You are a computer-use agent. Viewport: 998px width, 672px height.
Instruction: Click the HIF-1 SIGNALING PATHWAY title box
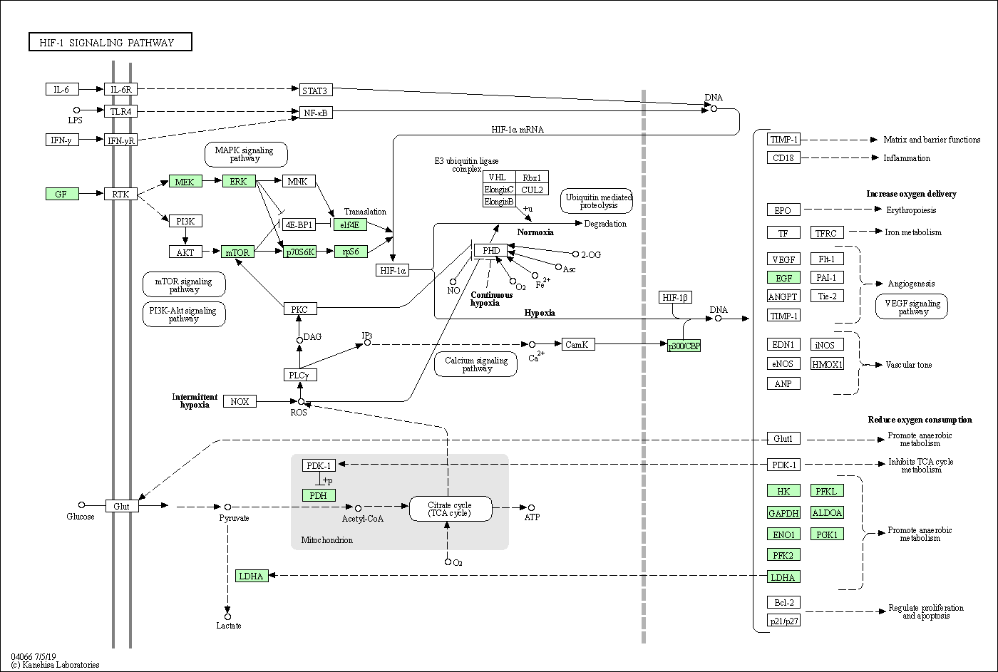110,42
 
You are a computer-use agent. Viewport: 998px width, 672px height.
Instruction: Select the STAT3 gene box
315,90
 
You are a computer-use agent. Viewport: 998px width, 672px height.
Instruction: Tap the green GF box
62,194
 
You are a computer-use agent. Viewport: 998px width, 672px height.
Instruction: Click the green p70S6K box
300,252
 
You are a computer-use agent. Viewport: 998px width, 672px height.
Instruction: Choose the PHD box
490,250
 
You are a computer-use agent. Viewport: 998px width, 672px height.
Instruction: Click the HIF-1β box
676,297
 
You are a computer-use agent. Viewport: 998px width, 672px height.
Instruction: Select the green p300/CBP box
684,346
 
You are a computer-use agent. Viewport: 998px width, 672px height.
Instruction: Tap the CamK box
578,344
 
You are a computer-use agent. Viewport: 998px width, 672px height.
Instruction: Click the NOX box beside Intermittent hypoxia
240,401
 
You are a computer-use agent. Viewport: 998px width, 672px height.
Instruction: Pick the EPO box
783,210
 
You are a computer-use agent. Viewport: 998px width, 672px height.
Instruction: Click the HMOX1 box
827,364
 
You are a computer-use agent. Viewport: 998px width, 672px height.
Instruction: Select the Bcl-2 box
783,602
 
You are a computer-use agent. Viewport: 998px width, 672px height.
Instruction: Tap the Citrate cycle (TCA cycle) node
451,509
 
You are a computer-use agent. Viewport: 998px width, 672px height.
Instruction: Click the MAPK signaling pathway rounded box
246,155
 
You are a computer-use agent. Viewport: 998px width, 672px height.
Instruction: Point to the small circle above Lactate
227,617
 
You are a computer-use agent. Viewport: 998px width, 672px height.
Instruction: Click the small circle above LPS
77,110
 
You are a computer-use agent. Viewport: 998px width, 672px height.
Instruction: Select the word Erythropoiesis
911,210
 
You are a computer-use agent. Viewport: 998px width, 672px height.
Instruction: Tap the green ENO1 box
783,534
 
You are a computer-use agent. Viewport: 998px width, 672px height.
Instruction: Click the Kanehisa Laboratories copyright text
56,665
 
